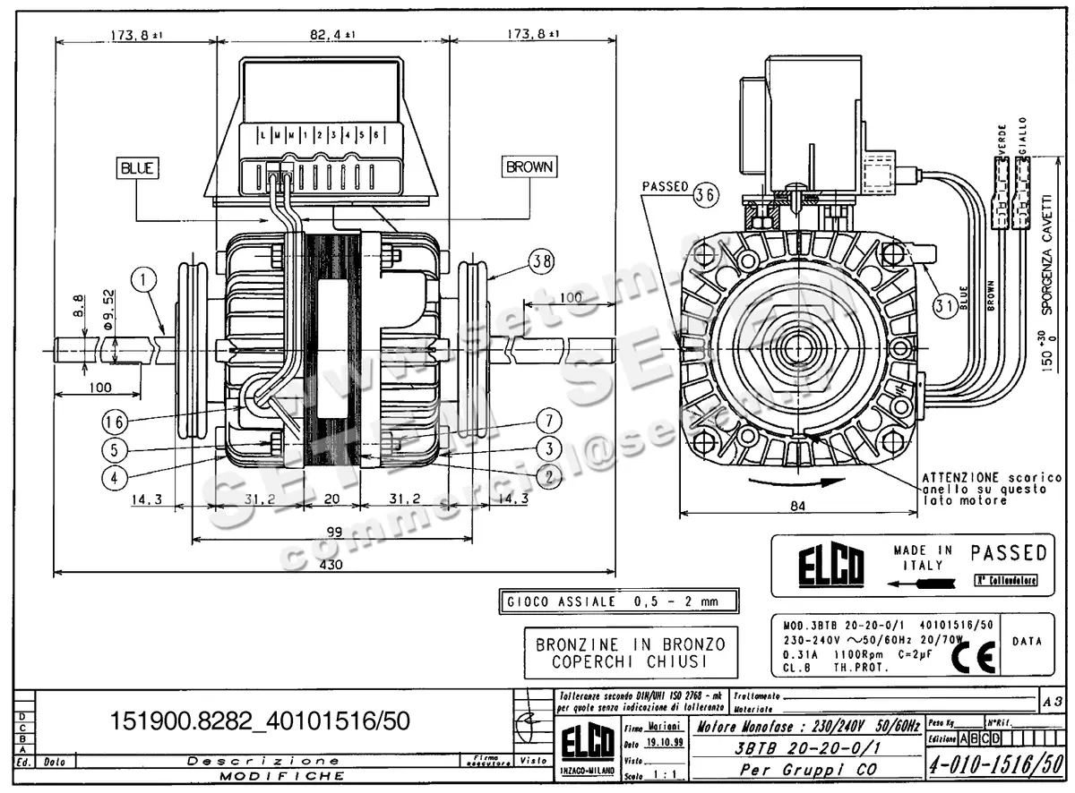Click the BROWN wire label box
point(529,166)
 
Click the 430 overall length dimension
point(333,566)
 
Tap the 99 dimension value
point(334,532)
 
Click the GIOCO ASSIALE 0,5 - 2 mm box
point(619,601)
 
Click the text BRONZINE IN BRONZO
point(631,644)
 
